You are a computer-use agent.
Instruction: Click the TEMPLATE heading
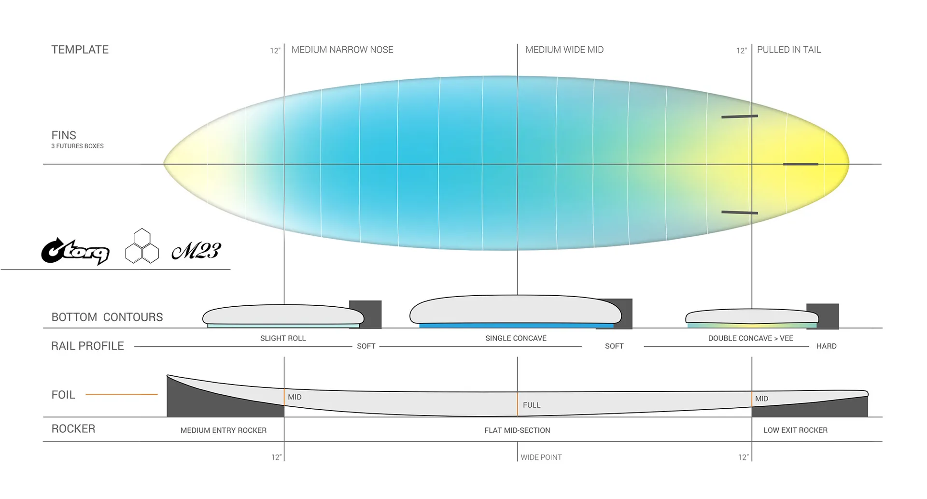click(x=80, y=50)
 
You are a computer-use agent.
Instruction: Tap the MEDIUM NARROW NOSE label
click(x=342, y=50)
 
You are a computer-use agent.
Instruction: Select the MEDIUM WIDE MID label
click(x=564, y=50)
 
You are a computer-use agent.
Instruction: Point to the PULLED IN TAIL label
click(x=789, y=50)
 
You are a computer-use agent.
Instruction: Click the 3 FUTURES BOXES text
click(x=77, y=146)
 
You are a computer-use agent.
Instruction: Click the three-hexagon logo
click(x=142, y=246)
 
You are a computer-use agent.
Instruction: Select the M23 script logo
click(x=196, y=251)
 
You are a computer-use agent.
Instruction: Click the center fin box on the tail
click(x=801, y=164)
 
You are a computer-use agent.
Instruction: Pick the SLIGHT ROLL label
click(x=283, y=338)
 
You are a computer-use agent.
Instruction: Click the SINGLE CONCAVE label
click(x=516, y=338)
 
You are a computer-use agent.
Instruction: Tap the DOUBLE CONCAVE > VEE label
click(x=751, y=338)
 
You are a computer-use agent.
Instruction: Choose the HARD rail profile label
click(x=826, y=346)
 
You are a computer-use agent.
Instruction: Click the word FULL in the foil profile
click(x=532, y=405)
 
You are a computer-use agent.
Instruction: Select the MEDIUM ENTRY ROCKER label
click(x=224, y=430)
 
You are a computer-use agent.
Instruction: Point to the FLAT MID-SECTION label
click(x=517, y=430)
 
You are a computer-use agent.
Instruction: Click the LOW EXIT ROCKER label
click(x=795, y=430)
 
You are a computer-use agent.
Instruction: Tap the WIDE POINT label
click(x=541, y=457)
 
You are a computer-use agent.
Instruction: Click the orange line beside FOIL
click(x=122, y=394)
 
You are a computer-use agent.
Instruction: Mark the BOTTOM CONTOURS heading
click(x=107, y=317)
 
